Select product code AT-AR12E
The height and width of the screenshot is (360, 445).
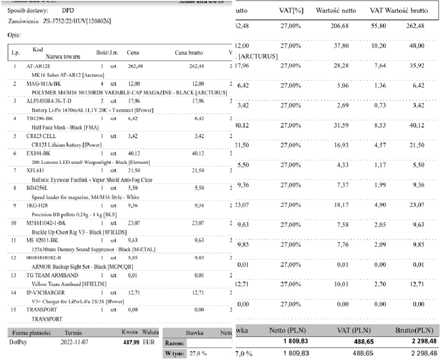(x=38, y=66)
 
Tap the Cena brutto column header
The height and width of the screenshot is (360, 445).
(x=189, y=52)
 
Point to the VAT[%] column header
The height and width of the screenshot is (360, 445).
(x=291, y=10)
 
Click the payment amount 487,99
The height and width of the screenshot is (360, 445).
(x=130, y=342)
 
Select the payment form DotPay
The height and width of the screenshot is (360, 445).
(x=19, y=342)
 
